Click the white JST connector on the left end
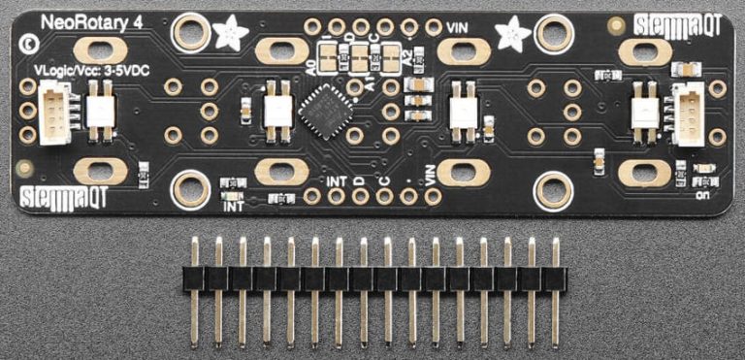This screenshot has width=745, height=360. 54,112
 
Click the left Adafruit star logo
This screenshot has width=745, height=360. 233,33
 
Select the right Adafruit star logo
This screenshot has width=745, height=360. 510,34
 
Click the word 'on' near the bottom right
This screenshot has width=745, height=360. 700,190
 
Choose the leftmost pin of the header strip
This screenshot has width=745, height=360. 194,290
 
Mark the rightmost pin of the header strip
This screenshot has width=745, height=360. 555,290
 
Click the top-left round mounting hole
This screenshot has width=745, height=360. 190,33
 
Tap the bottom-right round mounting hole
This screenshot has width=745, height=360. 551,188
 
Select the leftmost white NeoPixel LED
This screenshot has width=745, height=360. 101,110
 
